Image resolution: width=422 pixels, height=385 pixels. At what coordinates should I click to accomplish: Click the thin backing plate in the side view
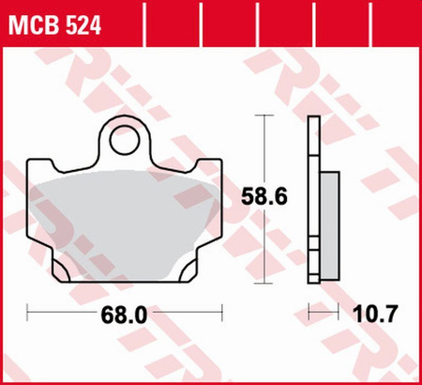click(313, 197)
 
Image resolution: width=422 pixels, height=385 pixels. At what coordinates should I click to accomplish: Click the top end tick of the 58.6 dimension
click(264, 115)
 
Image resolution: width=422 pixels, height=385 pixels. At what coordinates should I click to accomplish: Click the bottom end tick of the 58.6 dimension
click(264, 279)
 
